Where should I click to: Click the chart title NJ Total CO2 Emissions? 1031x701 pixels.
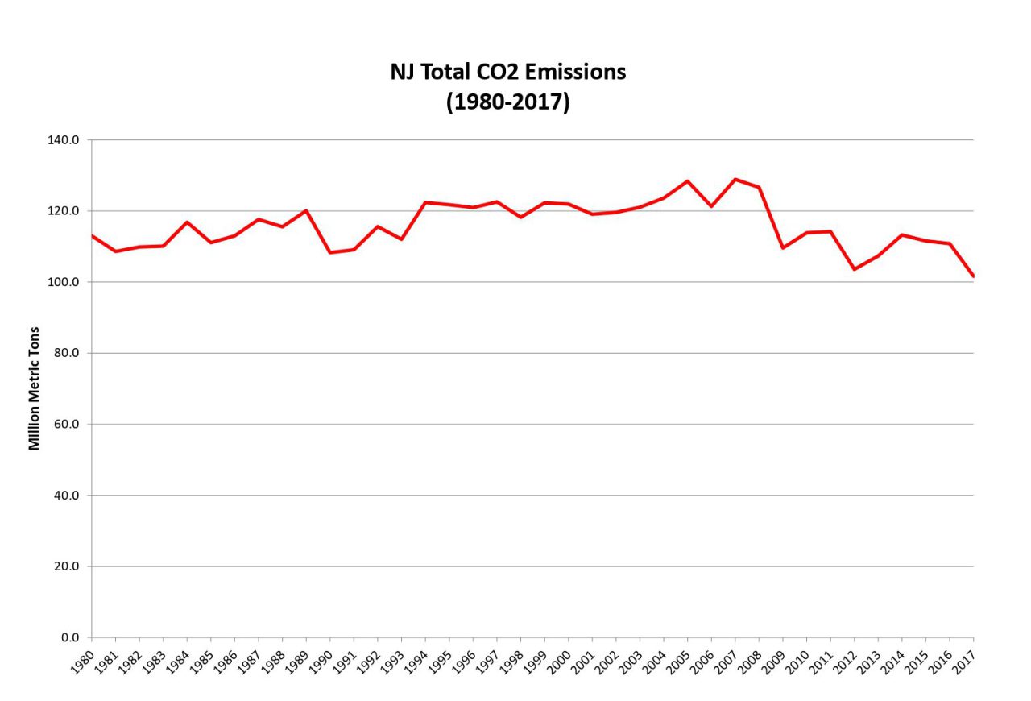(507, 72)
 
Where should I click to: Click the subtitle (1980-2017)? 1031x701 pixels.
(507, 103)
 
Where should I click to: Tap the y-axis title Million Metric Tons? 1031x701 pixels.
(34, 388)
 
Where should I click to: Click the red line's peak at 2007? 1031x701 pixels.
(735, 179)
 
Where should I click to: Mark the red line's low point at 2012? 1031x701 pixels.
(855, 269)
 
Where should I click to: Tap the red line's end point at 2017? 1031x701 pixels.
(973, 276)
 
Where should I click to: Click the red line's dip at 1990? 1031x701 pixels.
(330, 252)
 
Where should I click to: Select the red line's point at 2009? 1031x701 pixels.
(783, 247)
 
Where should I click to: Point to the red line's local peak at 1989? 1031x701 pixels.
(306, 210)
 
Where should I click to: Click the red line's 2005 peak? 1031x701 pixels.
(688, 181)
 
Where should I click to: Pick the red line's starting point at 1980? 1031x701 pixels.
(92, 235)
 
